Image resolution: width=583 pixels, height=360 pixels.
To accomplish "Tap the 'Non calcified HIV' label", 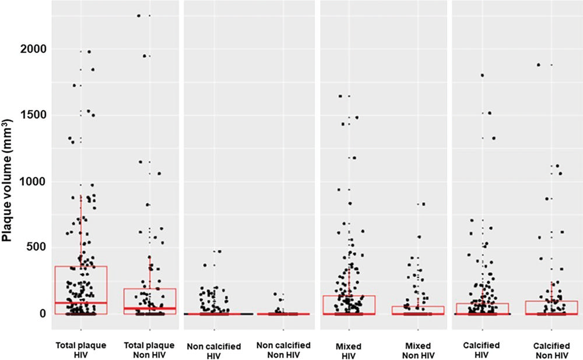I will (x=214, y=351).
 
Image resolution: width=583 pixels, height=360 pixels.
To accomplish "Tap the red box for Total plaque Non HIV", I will (x=149, y=298).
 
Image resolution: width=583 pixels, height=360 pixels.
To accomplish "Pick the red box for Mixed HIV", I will (x=349, y=303).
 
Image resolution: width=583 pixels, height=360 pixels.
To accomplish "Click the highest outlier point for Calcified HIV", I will (x=482, y=75).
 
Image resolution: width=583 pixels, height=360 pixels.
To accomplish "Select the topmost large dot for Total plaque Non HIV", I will (x=139, y=16).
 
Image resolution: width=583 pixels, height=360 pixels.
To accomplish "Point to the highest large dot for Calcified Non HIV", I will (x=538, y=65).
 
